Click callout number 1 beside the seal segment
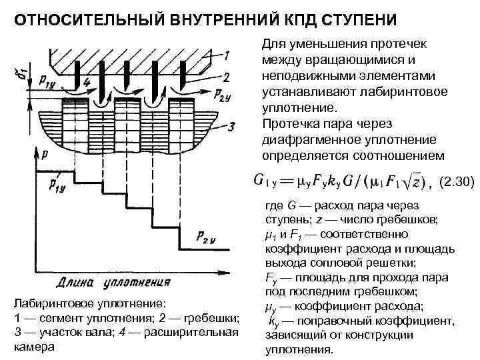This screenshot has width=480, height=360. click(x=227, y=54)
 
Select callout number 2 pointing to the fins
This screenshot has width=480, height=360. click(x=227, y=77)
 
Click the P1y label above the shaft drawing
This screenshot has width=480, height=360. click(x=48, y=81)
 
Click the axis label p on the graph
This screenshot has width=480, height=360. click(x=44, y=155)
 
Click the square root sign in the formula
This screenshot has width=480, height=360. click(x=413, y=180)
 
